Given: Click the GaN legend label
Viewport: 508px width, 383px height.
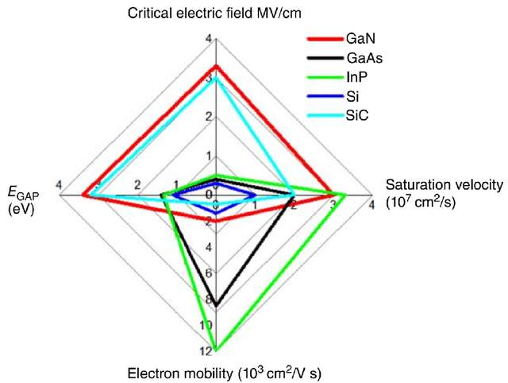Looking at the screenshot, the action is click(360, 39).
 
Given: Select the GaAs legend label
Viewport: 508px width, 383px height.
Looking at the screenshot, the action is click(364, 58).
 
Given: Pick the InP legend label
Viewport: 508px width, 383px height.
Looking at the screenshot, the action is click(357, 77).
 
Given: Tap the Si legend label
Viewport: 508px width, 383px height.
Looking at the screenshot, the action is click(352, 96).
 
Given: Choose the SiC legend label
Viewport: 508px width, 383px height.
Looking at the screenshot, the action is click(357, 115).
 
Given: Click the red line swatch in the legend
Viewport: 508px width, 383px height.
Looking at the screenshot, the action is click(325, 39).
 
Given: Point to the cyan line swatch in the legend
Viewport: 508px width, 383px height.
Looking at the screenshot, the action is click(325, 116).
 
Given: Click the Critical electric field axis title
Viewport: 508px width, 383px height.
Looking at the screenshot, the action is click(214, 14).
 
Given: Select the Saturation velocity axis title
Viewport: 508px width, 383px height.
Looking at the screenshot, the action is click(444, 193).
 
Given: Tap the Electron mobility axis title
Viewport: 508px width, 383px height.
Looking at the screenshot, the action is click(225, 373).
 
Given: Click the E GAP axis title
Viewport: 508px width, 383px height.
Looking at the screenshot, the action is click(23, 200).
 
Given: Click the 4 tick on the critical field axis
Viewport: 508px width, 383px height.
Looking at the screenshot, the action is click(209, 39).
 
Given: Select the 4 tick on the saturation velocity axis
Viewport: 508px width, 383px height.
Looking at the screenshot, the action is click(371, 205).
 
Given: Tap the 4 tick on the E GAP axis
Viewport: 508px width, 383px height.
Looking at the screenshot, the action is click(59, 185).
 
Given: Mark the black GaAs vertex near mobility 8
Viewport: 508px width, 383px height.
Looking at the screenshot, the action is click(217, 305).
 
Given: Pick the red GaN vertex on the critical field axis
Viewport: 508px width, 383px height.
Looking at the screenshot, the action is click(217, 66).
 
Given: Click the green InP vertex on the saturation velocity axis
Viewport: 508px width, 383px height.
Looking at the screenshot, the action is click(345, 195).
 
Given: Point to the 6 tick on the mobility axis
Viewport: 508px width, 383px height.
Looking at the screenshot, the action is click(209, 273).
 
